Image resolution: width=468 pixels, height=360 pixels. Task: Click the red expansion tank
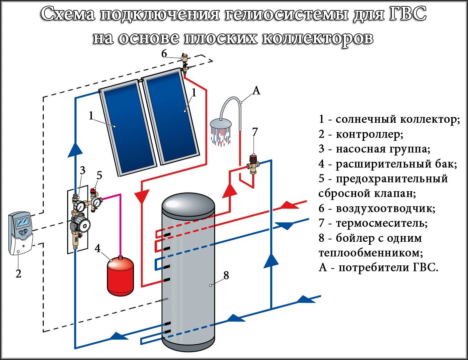(120, 276)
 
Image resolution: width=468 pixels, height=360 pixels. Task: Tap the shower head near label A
(220, 124)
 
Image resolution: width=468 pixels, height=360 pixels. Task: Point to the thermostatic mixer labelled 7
(254, 163)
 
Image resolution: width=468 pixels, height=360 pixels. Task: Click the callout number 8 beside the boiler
(226, 275)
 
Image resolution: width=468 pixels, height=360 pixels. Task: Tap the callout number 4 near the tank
(98, 249)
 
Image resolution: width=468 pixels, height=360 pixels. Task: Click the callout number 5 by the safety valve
(99, 175)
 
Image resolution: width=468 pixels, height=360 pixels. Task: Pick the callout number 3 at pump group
(83, 170)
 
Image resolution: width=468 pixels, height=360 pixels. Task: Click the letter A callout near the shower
(256, 90)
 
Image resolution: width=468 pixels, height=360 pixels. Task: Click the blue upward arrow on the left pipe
(75, 149)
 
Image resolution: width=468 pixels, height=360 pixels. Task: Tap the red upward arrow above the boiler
(229, 191)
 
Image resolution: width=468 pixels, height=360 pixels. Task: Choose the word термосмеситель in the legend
(381, 223)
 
